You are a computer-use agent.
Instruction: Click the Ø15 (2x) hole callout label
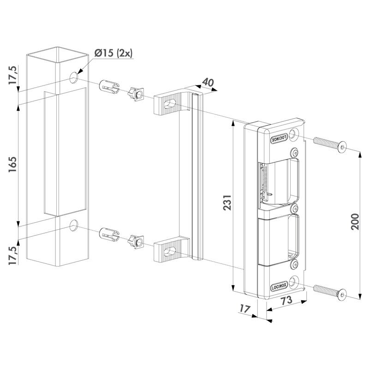pyautogui.click(x=113, y=53)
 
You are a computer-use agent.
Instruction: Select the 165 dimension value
pyautogui.click(x=13, y=164)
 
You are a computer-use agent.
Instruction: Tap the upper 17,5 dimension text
pyautogui.click(x=13, y=75)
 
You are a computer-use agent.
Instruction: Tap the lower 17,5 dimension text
pyautogui.click(x=13, y=256)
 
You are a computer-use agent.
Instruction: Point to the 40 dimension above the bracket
pyautogui.click(x=208, y=83)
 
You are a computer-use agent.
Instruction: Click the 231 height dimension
pyautogui.click(x=227, y=202)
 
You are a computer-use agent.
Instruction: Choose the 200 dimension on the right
pyautogui.click(x=355, y=221)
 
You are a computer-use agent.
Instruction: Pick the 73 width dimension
pyautogui.click(x=286, y=300)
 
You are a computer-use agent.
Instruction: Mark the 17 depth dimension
pyautogui.click(x=244, y=309)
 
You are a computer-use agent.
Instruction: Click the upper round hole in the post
pyautogui.click(x=74, y=77)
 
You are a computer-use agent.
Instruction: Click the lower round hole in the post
pyautogui.click(x=74, y=225)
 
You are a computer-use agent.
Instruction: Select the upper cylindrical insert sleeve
pyautogui.click(x=109, y=87)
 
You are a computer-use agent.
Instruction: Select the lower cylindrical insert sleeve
pyautogui.click(x=109, y=235)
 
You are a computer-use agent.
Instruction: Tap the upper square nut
pyautogui.click(x=136, y=94)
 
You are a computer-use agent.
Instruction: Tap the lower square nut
pyautogui.click(x=136, y=242)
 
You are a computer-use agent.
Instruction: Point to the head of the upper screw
pyautogui.click(x=342, y=147)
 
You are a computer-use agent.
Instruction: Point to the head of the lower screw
pyautogui.click(x=342, y=295)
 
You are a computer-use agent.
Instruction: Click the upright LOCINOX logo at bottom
pyautogui.click(x=279, y=287)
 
